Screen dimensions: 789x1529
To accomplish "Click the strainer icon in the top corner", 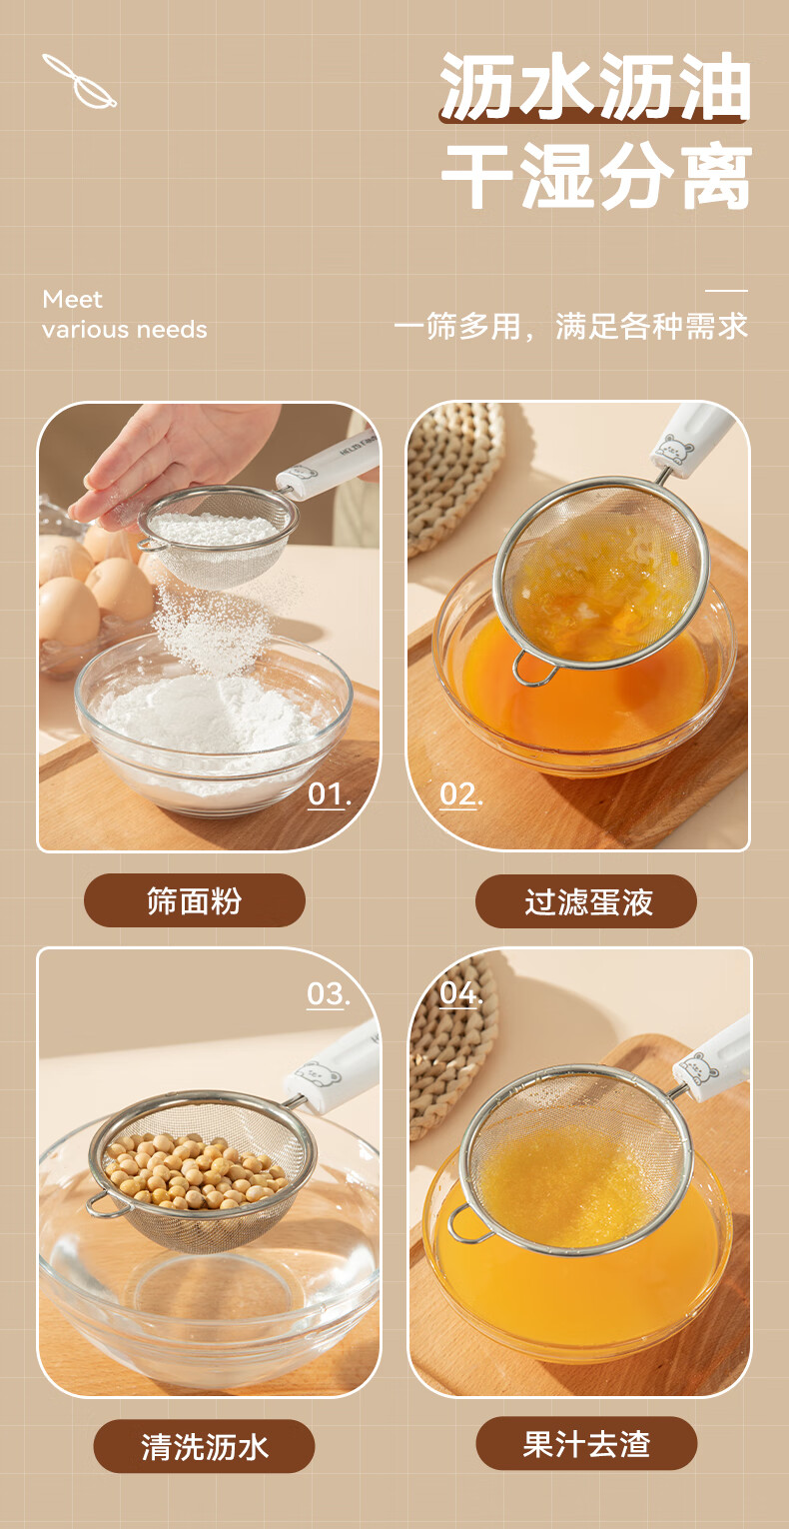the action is pos(79,81).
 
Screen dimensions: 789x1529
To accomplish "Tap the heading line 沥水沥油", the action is pos(594,87).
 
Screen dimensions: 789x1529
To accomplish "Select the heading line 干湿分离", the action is pos(596,176).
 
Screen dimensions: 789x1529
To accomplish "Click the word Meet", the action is pos(72,299).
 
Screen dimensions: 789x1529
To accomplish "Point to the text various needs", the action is pos(124,330).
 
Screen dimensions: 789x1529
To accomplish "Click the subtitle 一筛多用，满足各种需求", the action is pos(571,326).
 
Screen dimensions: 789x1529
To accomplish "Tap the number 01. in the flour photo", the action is pos(329,794).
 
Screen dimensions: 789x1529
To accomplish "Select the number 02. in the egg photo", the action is pos(460,794).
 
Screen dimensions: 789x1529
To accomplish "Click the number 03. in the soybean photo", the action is pos(328,993).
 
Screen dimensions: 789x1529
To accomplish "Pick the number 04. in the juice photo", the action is pos(460,992).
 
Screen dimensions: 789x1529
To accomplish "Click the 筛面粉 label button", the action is pos(195,900).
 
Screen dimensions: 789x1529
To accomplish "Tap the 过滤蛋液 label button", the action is pos(586,901).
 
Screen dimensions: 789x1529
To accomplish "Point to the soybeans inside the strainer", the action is pos(196,1170).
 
